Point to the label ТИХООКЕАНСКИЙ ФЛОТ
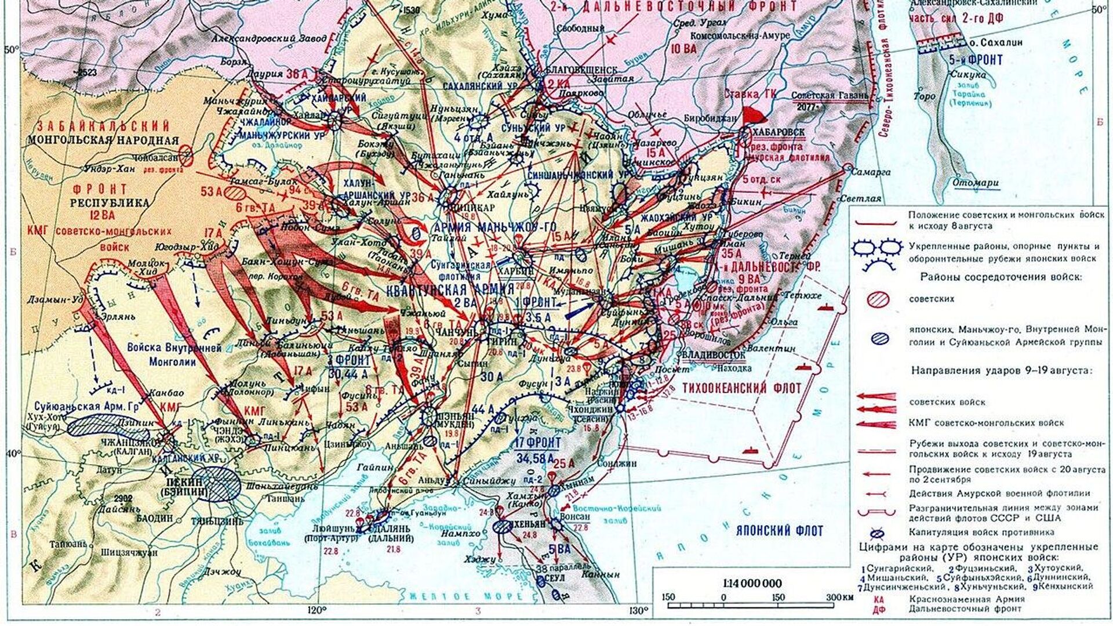742,388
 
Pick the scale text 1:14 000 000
752,583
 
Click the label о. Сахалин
996,42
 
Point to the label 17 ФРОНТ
537,443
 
